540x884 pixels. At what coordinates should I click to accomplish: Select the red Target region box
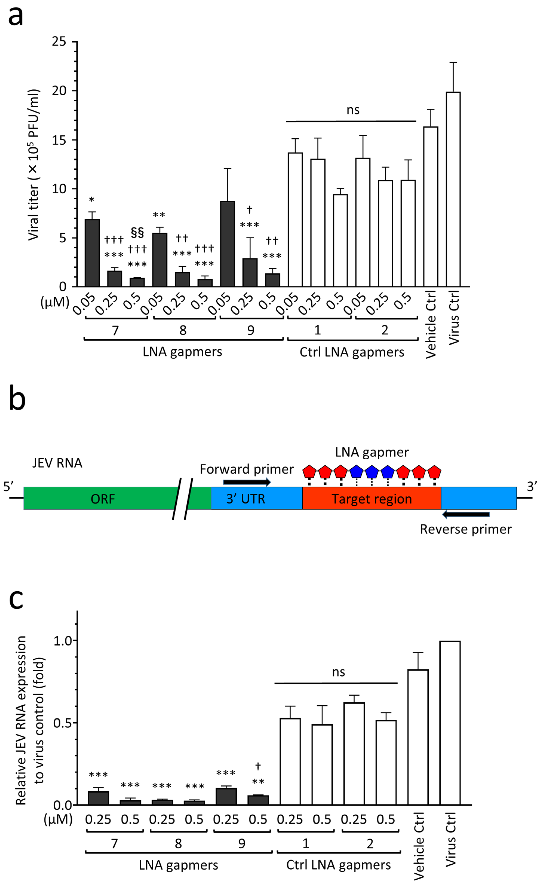pos(371,499)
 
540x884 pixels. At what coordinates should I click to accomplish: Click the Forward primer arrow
pos(247,482)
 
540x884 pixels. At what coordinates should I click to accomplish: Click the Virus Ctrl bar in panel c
pos(450,723)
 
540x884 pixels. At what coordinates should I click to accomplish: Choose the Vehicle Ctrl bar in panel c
pos(418,737)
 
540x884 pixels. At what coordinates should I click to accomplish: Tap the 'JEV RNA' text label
pos(57,463)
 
